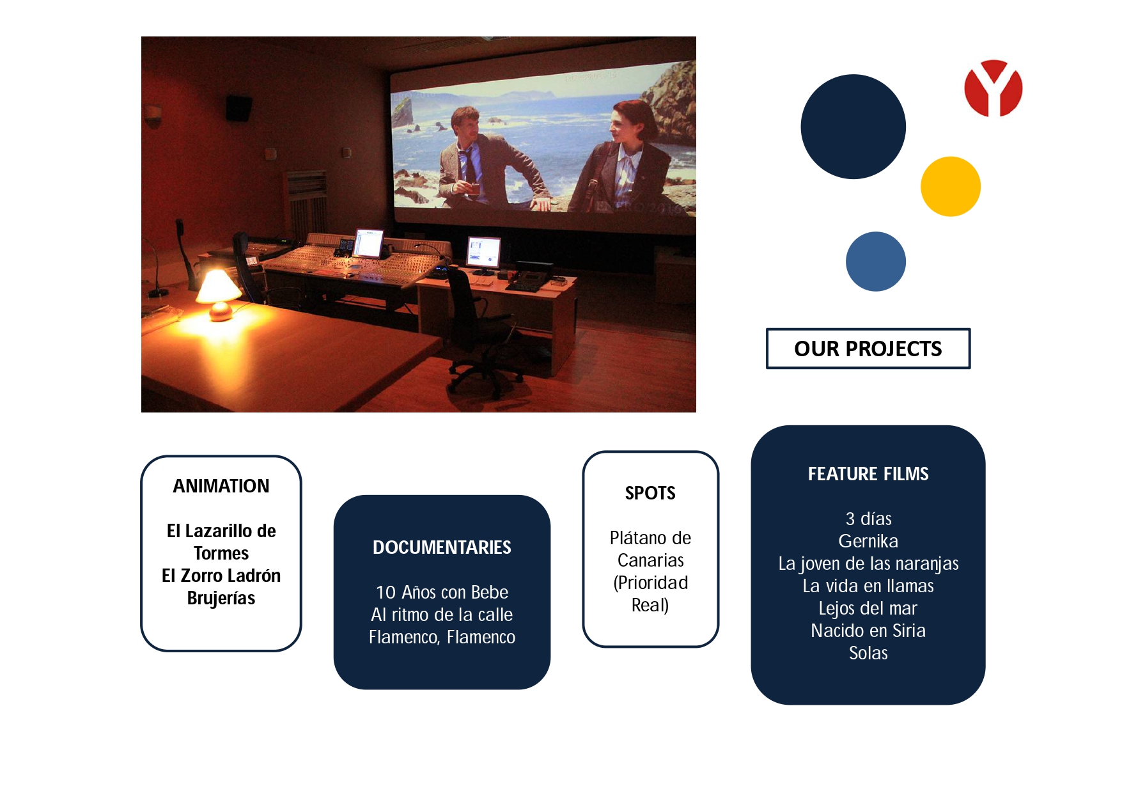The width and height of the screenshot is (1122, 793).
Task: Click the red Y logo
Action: (993, 88)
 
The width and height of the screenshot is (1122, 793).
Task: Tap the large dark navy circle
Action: (853, 127)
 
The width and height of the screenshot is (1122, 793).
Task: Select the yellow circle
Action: (950, 186)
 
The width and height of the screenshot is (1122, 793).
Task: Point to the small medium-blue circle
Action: (875, 261)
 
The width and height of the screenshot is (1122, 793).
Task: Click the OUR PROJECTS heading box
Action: (868, 349)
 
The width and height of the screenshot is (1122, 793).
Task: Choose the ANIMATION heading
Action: (221, 486)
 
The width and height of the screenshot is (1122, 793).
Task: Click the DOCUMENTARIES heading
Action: (442, 547)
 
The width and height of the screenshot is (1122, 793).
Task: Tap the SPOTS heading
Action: (650, 493)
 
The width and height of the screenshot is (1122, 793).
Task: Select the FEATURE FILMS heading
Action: (868, 474)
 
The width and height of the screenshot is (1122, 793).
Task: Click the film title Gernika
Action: (868, 541)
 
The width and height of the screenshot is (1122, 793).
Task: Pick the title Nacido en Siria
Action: (868, 631)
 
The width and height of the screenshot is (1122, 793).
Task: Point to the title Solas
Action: (868, 653)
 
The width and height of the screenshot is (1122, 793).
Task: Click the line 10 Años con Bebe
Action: (442, 592)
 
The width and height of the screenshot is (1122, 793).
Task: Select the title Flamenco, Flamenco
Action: (442, 637)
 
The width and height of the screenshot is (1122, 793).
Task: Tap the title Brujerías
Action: (221, 598)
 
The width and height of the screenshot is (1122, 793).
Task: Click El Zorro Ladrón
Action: (221, 576)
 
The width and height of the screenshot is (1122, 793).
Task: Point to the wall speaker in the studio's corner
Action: (238, 108)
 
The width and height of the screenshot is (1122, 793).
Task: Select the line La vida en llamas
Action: (868, 586)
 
